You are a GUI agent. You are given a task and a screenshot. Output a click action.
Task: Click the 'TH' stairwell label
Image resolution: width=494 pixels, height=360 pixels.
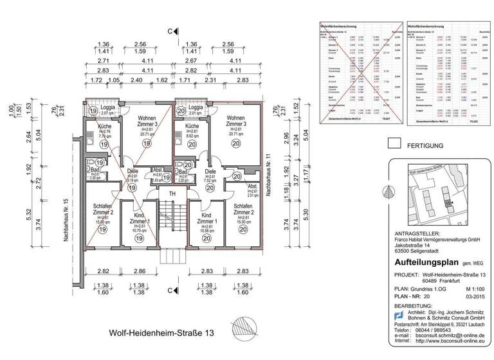coord(172,194)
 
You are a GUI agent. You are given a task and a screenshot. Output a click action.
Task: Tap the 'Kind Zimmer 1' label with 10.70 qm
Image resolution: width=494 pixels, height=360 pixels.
coord(140,222)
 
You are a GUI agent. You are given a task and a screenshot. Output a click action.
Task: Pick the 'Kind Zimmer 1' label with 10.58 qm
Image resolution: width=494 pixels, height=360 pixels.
coord(206,222)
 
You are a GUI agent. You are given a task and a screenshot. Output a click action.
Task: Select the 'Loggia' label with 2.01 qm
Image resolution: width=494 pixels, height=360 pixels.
coord(196,109)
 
